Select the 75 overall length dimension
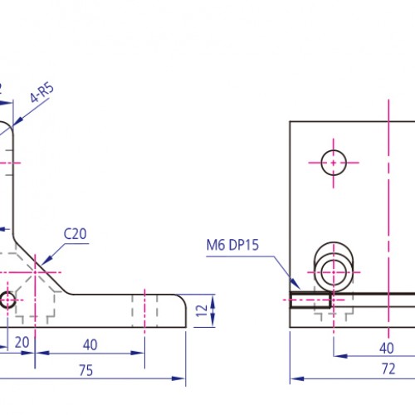(85, 371)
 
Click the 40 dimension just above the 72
(387, 348)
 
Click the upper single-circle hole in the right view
(334, 163)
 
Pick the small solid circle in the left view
(7, 300)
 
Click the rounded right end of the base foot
(181, 311)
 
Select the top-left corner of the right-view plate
(290, 122)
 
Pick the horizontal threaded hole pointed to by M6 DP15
(311, 300)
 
